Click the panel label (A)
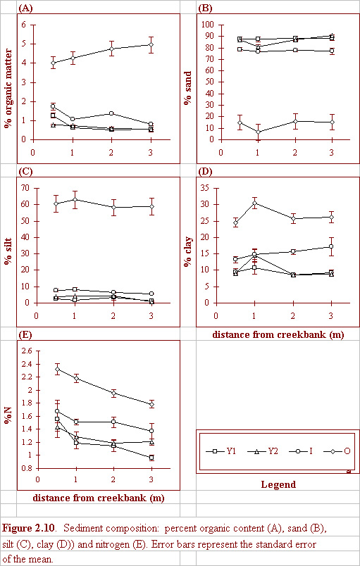[x=25, y=8]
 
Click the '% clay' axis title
[x=188, y=251]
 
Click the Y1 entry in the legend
[x=221, y=451]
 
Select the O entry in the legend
[x=337, y=451]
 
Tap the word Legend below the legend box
[x=278, y=484]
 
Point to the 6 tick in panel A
[x=23, y=25]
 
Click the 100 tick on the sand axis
[x=209, y=25]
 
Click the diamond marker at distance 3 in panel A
[x=151, y=45]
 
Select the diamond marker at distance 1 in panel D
[x=254, y=203]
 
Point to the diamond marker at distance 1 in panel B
[x=258, y=132]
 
